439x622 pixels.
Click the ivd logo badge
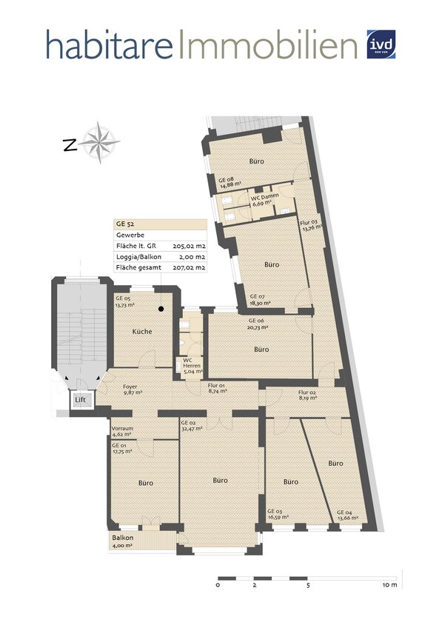click(382, 43)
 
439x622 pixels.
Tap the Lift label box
click(80, 400)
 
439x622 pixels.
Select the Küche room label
click(142, 331)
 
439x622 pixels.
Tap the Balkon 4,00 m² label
click(122, 541)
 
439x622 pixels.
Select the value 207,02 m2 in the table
click(189, 267)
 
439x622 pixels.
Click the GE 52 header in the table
click(124, 223)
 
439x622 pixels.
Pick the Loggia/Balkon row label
click(138, 255)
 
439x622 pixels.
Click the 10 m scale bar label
click(390, 584)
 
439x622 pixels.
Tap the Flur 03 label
click(309, 224)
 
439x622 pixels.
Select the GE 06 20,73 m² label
click(230, 324)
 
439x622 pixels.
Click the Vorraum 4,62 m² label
click(122, 432)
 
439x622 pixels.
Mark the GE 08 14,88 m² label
click(227, 183)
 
